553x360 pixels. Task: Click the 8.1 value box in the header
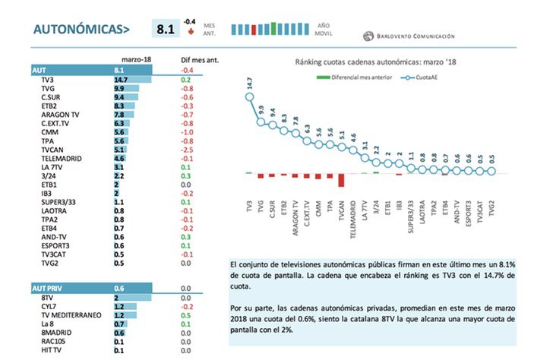[165, 30]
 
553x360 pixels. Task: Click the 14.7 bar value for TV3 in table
[121, 79]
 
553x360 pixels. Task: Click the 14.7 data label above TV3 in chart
[250, 86]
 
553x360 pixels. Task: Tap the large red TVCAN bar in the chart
[341, 180]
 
